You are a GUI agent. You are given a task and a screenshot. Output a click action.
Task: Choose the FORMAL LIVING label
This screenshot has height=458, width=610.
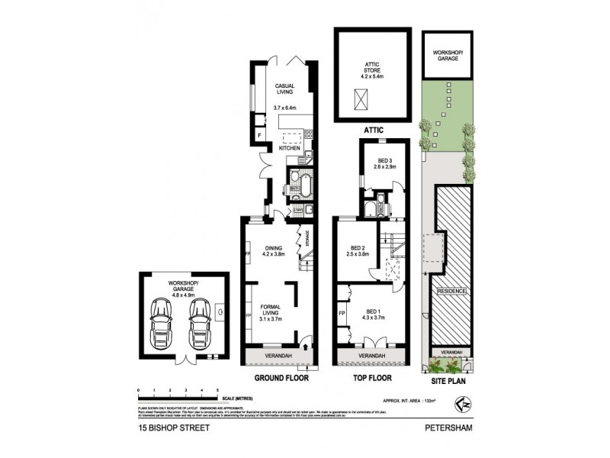pos(271,312)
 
